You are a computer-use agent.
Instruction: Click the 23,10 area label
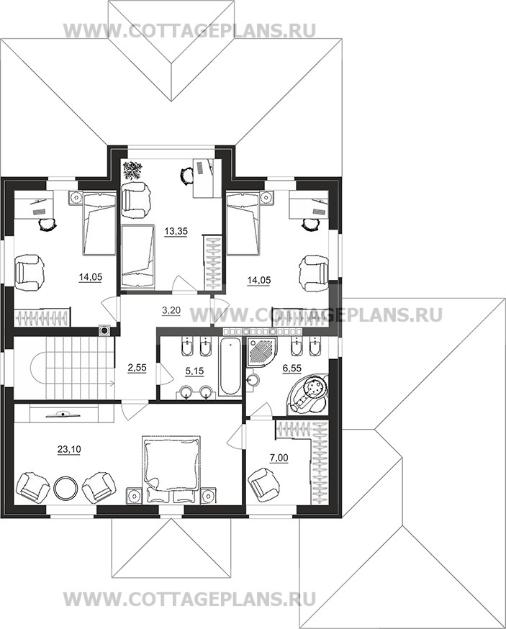point(69,450)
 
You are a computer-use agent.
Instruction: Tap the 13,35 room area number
point(176,232)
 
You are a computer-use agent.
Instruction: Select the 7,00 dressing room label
point(279,456)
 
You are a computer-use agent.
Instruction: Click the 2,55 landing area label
point(137,367)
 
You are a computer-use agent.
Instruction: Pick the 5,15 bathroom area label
point(194,371)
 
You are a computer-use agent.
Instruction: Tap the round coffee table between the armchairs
point(65,488)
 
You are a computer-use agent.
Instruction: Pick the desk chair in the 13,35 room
point(186,176)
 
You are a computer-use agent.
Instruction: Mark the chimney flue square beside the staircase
point(105,330)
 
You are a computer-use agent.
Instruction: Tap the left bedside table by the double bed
point(133,496)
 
